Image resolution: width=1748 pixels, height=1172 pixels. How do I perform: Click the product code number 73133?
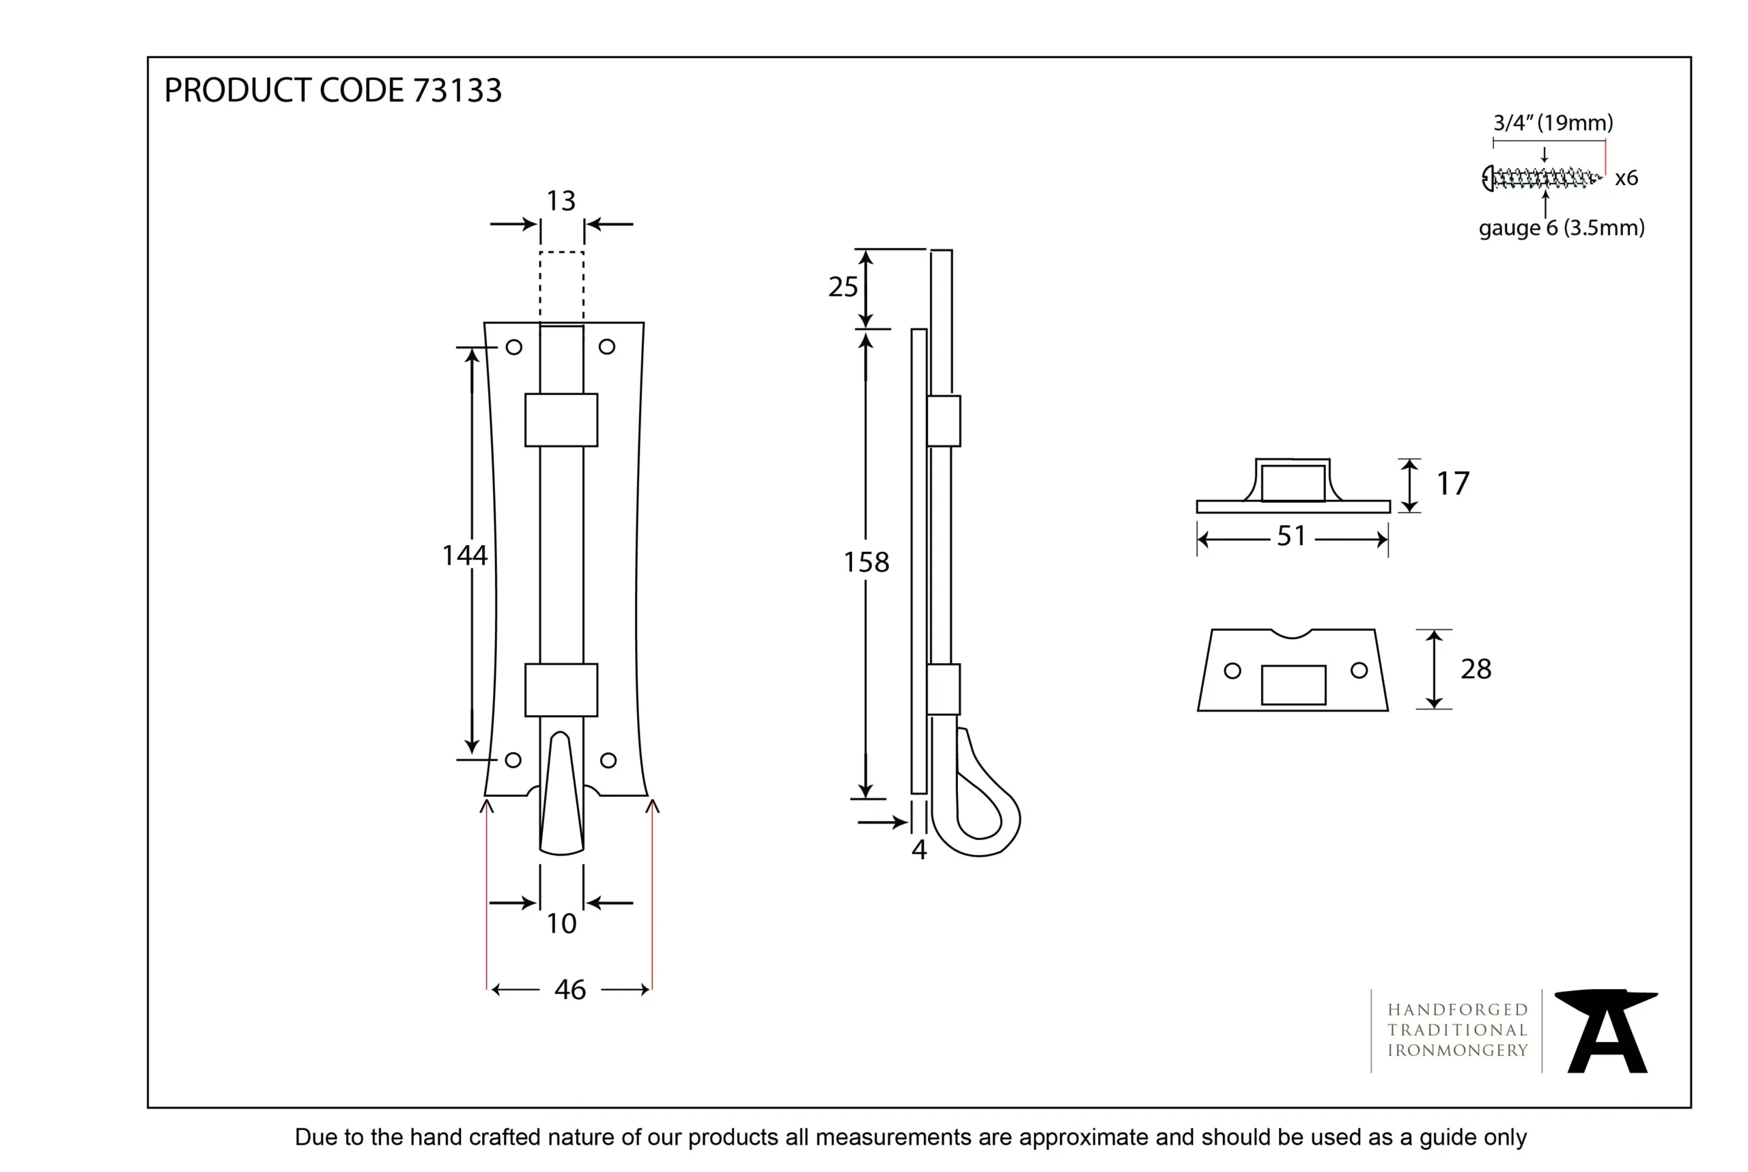pyautogui.click(x=457, y=90)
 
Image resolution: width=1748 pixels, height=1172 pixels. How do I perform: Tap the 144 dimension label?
pyautogui.click(x=464, y=555)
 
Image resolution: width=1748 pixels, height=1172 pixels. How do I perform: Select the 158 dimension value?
pyautogui.click(x=866, y=562)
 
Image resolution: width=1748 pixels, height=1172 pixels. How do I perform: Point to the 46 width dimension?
pyautogui.click(x=569, y=990)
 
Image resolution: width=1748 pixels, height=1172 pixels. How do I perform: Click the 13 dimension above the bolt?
pyautogui.click(x=561, y=200)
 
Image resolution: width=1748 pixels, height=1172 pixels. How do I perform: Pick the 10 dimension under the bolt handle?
pyautogui.click(x=561, y=924)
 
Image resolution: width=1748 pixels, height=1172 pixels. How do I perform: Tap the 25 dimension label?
pyautogui.click(x=843, y=287)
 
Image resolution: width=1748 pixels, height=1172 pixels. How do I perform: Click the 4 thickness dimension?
pyautogui.click(x=918, y=850)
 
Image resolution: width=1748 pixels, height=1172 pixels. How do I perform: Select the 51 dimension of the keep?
pyautogui.click(x=1291, y=536)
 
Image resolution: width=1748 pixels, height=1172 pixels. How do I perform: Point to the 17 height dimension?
pyautogui.click(x=1452, y=484)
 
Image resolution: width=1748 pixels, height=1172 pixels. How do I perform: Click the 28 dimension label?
pyautogui.click(x=1476, y=669)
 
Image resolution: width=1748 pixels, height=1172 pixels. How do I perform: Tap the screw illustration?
pyautogui.click(x=1541, y=178)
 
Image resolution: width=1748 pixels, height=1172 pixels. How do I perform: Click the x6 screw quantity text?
pyautogui.click(x=1626, y=178)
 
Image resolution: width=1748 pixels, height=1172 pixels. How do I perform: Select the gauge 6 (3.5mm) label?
pyautogui.click(x=1561, y=228)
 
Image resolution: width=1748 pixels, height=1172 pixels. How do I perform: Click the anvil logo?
pyautogui.click(x=1607, y=1031)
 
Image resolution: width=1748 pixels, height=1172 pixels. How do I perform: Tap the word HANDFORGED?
pyautogui.click(x=1456, y=1010)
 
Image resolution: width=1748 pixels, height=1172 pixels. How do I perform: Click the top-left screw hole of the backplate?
pyautogui.click(x=514, y=347)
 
